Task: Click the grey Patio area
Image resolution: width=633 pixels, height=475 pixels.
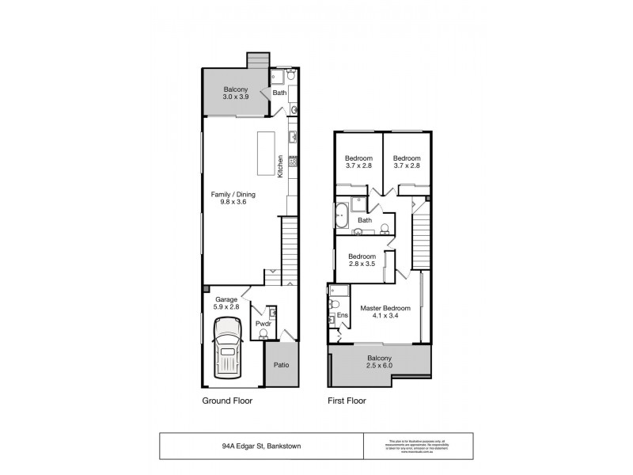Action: [x=281, y=365]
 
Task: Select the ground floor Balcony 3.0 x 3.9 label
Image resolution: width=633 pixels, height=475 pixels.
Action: [x=236, y=92]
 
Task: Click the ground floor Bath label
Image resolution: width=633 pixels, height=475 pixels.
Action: [x=279, y=93]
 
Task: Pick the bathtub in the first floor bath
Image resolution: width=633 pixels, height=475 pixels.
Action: [x=342, y=215]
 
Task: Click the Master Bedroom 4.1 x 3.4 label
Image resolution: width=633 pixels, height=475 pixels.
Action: [x=385, y=311]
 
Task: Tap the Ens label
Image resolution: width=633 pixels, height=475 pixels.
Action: [x=342, y=316]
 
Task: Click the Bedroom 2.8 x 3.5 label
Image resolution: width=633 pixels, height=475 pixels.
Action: [x=362, y=260]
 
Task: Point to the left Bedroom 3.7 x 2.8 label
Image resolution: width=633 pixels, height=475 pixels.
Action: [x=358, y=161]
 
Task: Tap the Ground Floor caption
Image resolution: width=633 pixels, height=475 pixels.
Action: [x=227, y=401]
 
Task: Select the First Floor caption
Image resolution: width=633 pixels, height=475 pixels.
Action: [x=347, y=401]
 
